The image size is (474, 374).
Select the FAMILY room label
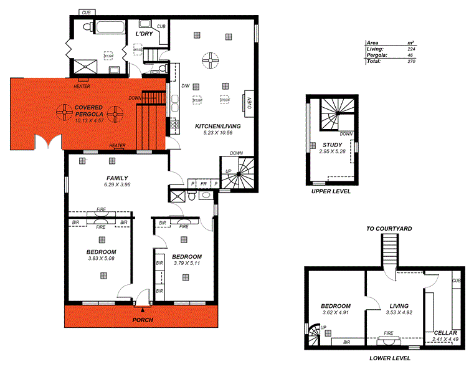point(117,178)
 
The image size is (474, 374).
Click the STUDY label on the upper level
point(331,145)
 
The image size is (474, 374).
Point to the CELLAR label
point(446,333)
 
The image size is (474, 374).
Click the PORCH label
point(143,320)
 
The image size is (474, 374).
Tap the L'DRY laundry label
point(145,34)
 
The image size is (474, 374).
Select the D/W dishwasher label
point(185,86)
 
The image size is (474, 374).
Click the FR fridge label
point(203,184)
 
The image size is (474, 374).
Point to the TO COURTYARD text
point(389,229)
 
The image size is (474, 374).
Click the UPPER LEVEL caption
point(331,191)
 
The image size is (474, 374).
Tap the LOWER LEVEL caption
point(389,358)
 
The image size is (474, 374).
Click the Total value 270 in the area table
point(410,62)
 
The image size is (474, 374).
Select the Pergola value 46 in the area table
point(411,55)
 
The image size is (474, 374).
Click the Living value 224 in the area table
point(410,49)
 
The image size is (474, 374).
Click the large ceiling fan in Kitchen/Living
point(212,60)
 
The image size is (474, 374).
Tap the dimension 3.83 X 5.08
point(100,258)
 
